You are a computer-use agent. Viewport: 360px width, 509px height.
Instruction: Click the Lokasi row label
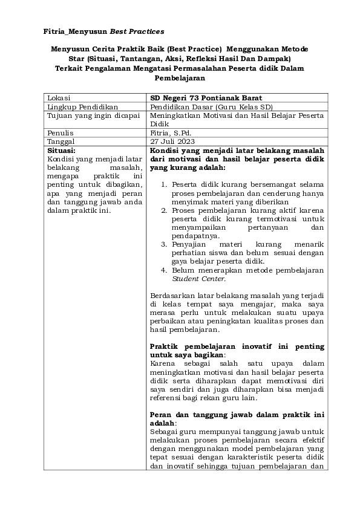59,97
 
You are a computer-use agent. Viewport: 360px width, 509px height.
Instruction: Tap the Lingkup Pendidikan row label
82,106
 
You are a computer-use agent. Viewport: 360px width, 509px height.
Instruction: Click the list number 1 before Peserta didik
165,184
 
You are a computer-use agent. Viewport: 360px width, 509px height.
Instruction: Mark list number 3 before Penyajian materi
165,244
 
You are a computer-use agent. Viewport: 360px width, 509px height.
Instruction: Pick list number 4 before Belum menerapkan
165,270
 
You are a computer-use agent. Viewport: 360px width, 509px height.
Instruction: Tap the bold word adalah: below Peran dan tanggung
162,424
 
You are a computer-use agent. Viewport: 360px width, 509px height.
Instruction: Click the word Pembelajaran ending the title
180,77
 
